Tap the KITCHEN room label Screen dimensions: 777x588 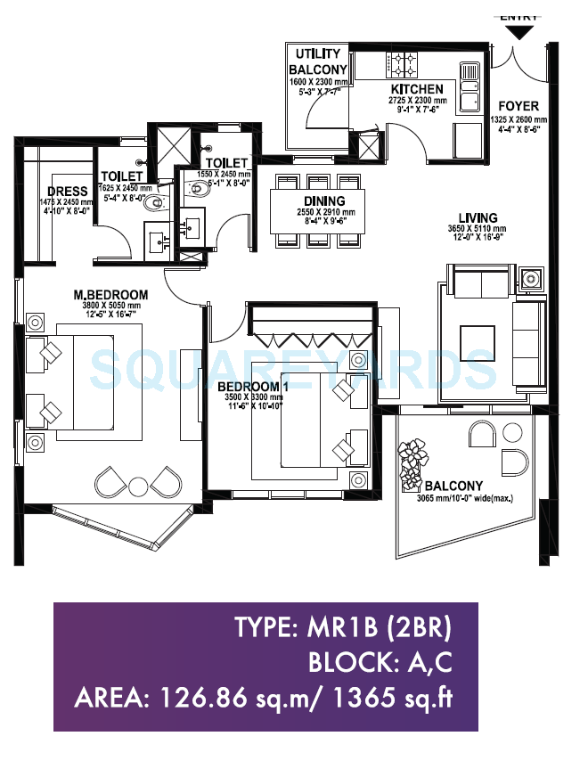click(x=416, y=89)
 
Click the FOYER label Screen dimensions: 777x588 click(x=518, y=106)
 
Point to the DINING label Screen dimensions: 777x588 click(x=325, y=201)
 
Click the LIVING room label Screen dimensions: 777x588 click(x=478, y=217)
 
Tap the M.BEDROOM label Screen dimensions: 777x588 click(x=110, y=294)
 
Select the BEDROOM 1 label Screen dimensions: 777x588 click(x=254, y=386)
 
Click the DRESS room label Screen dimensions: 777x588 click(x=68, y=191)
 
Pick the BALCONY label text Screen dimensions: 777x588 click(x=453, y=486)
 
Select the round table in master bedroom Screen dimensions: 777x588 click(x=138, y=487)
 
